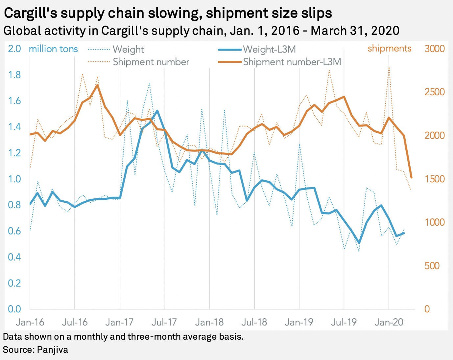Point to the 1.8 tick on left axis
tap(14, 75)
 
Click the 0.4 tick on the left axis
tap(14, 257)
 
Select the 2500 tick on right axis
tap(434, 92)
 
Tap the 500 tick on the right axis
tap(432, 265)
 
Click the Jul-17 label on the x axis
tap(164, 322)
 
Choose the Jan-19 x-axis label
tap(299, 322)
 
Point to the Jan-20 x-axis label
tap(389, 322)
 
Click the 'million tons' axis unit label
tap(53, 49)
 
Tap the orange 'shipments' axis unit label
tap(389, 49)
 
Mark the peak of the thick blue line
tap(157, 111)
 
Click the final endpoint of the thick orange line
tap(411, 178)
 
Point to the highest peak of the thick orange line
tap(97, 85)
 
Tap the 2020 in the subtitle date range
tap(385, 31)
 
